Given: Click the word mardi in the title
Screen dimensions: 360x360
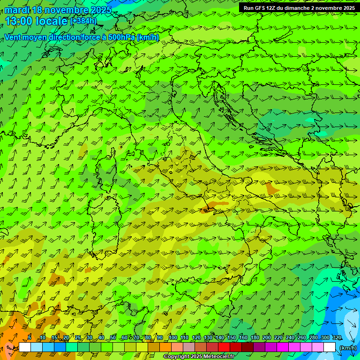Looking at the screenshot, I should click(x=17, y=10).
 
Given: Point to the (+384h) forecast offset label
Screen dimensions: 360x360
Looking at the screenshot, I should click(x=83, y=21).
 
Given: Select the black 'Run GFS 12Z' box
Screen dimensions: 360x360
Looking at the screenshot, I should click(x=298, y=7).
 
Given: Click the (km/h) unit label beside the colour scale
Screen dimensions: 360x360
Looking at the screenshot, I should click(x=347, y=347).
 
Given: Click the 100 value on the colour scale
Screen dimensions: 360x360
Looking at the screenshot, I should click(x=172, y=338).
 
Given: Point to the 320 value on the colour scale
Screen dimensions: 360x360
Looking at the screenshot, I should click(x=337, y=338).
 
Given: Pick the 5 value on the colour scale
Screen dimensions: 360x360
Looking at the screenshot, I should click(x=30, y=338).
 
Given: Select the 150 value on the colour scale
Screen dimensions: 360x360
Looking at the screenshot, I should click(x=231, y=338).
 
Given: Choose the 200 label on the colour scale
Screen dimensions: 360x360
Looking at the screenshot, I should click(x=266, y=338).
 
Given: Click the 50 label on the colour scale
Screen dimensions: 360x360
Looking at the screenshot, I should click(x=113, y=338).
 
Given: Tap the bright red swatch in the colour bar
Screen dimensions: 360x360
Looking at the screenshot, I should click(x=224, y=347).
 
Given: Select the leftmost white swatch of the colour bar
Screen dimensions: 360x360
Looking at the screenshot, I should click(x=25, y=347).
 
